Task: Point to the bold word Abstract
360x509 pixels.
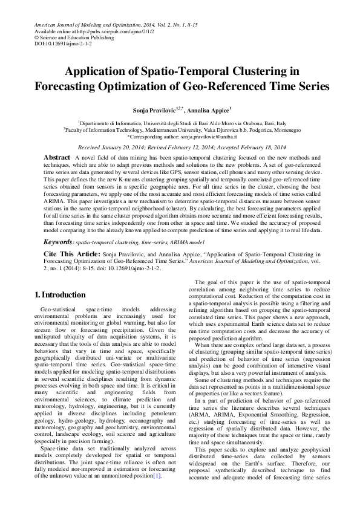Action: click(x=57, y=157)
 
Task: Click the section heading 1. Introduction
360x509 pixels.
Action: click(x=60, y=296)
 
